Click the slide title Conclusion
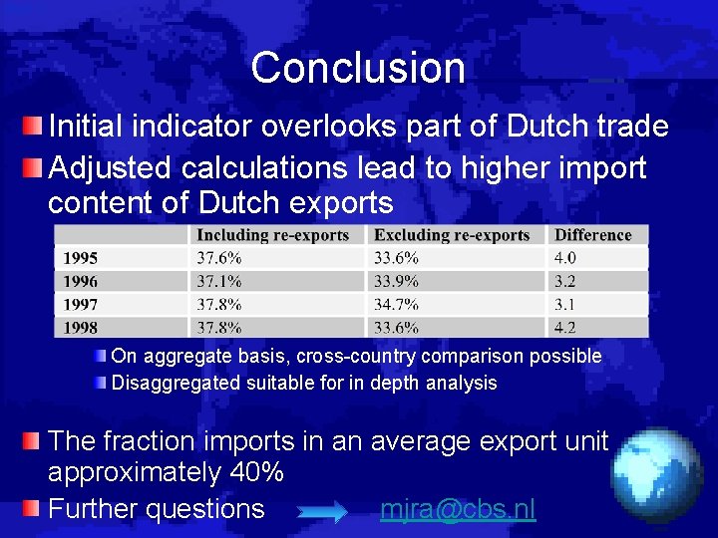pos(358,68)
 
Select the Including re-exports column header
pos(272,235)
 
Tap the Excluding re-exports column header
pos(452,235)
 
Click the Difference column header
pos(592,235)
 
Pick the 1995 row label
pos(81,258)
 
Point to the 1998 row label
pos(81,327)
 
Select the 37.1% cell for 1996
pos(218,281)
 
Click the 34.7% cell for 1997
pos(396,304)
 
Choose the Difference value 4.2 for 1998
pos(564,327)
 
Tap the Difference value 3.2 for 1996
pos(564,281)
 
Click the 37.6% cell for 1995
pos(218,258)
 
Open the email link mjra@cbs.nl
pos(458,509)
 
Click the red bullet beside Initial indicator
pos(34,126)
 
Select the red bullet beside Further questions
pos(34,508)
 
